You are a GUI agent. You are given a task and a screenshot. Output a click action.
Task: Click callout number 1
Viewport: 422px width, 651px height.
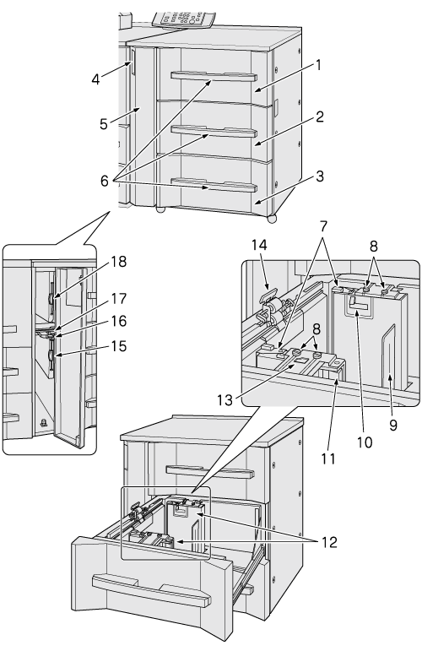(x=318, y=65)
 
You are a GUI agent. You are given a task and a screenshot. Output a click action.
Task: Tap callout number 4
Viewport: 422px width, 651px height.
(x=96, y=79)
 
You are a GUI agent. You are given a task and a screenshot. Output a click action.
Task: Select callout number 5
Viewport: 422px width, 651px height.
(x=104, y=124)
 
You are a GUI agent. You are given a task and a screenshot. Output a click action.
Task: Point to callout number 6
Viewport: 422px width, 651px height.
(x=104, y=181)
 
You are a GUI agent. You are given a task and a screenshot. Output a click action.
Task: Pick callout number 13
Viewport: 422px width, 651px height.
(x=225, y=400)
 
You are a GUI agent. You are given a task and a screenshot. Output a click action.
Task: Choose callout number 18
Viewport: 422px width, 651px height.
(x=119, y=262)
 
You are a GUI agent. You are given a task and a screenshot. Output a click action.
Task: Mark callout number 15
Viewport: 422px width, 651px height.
(x=119, y=346)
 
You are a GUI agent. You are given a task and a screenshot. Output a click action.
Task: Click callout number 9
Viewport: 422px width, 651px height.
(x=393, y=425)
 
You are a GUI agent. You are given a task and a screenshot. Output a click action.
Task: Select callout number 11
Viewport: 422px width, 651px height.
(x=327, y=458)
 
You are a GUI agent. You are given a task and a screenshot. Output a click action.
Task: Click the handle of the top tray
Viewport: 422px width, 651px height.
(x=214, y=75)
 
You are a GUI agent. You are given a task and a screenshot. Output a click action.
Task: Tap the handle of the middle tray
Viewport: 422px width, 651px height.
(x=214, y=131)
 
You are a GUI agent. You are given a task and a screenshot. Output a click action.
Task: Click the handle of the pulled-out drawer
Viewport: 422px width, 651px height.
(x=151, y=589)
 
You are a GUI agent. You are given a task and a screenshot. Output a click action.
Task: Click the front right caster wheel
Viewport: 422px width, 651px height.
(x=273, y=219)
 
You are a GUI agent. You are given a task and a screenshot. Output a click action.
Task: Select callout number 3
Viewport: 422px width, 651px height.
(x=319, y=176)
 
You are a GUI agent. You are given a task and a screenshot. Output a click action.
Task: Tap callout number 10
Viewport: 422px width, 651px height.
(x=365, y=442)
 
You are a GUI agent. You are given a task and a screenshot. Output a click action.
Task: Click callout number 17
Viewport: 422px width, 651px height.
(x=119, y=299)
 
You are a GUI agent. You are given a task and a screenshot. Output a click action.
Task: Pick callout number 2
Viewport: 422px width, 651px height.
(x=319, y=117)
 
